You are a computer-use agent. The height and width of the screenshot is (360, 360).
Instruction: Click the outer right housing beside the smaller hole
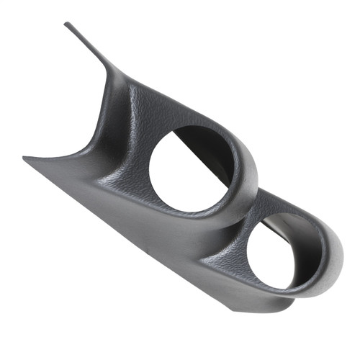(328, 238)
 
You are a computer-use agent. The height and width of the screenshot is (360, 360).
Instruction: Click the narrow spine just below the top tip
(90, 47)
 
